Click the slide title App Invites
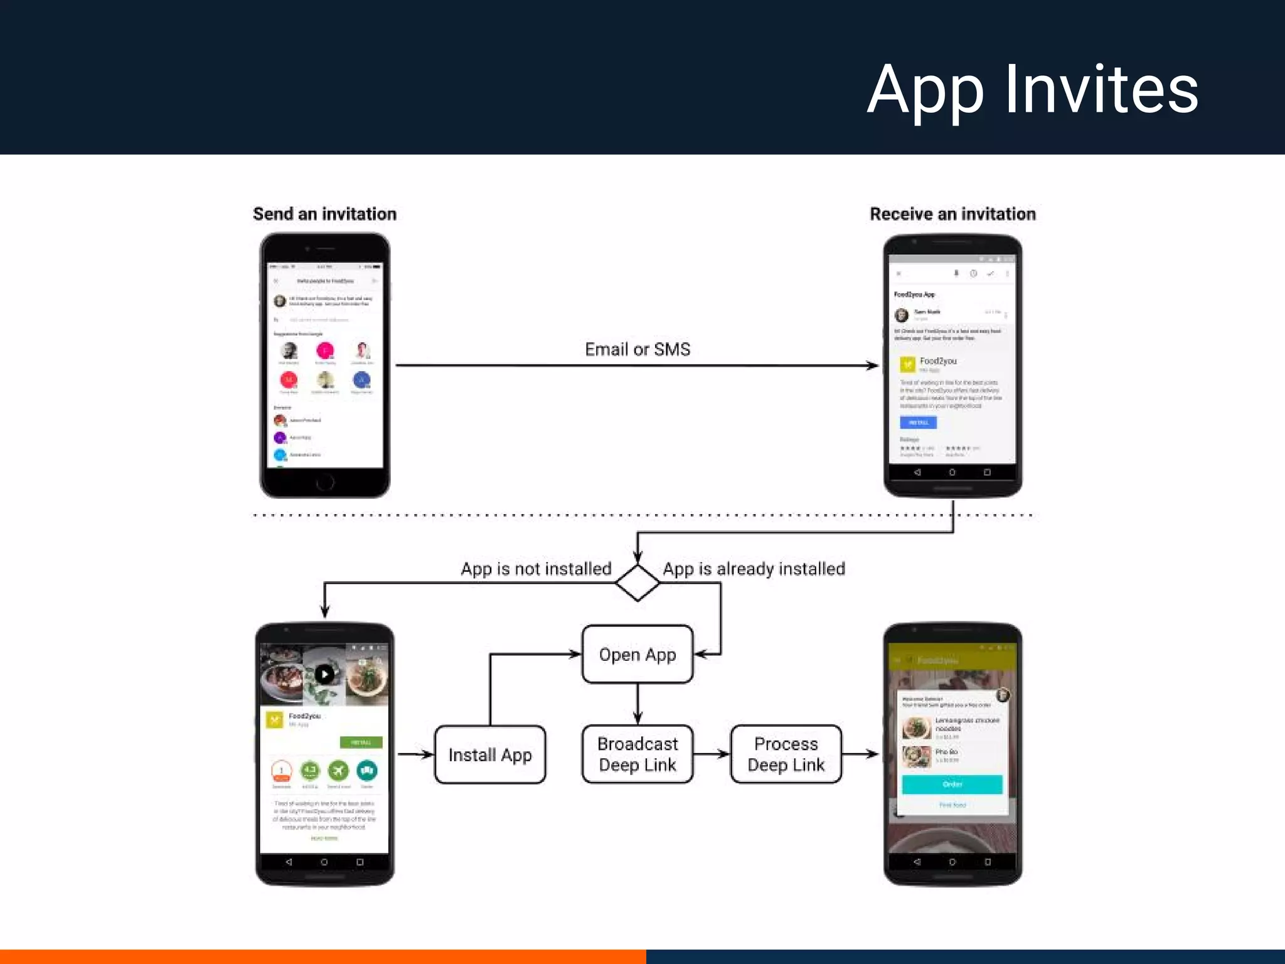click(1032, 90)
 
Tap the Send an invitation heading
click(324, 214)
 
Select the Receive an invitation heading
click(952, 214)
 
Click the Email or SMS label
click(637, 350)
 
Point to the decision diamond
click(637, 582)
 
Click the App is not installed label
click(536, 569)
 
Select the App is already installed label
click(754, 569)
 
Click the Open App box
click(637, 654)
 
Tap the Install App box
click(490, 754)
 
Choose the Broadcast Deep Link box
click(637, 754)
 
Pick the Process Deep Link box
click(786, 754)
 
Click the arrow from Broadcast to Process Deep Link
click(712, 754)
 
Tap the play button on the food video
click(324, 675)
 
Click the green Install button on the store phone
click(361, 742)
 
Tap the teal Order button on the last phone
click(952, 784)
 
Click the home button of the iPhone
click(325, 482)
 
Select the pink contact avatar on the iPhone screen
click(325, 350)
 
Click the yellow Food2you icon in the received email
click(907, 364)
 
